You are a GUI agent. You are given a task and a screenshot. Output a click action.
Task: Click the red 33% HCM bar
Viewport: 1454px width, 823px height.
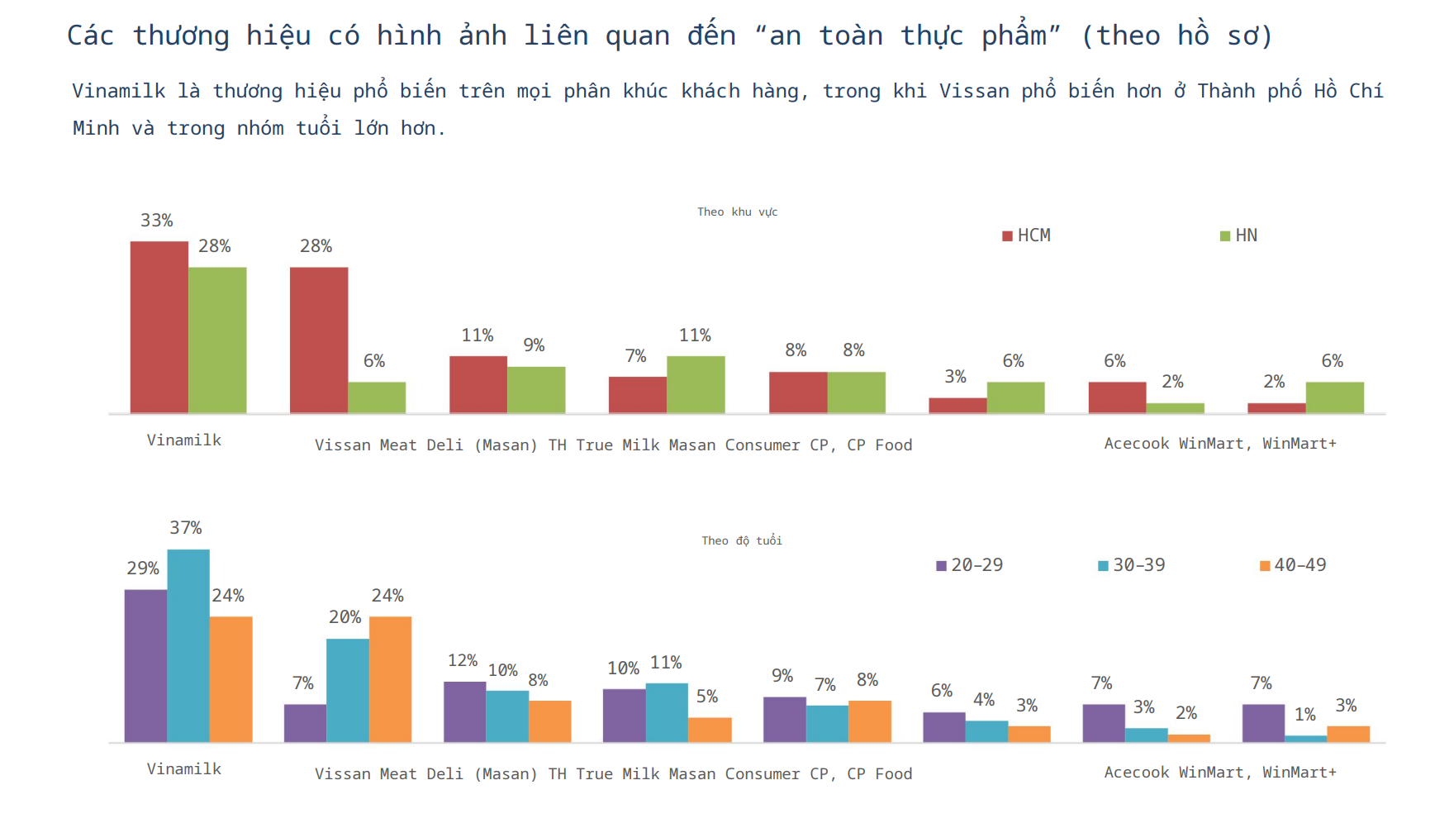click(x=159, y=327)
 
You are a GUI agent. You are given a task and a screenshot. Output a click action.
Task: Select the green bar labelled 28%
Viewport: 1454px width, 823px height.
click(x=217, y=340)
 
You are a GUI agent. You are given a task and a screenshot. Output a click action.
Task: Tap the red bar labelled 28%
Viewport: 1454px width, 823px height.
click(x=319, y=340)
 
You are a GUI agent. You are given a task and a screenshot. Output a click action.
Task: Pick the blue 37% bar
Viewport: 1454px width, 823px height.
click(x=188, y=645)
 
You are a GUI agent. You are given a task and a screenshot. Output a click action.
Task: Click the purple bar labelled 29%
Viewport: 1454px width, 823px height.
click(x=145, y=665)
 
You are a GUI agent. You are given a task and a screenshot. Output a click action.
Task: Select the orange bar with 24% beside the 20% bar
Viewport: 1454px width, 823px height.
click(x=390, y=678)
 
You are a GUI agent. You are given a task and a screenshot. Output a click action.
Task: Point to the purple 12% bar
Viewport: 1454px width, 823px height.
click(x=464, y=711)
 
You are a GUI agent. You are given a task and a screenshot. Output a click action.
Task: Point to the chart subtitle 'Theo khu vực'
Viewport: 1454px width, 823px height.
click(x=737, y=212)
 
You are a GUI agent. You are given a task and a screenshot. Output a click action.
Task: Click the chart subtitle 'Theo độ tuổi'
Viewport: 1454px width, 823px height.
click(x=741, y=541)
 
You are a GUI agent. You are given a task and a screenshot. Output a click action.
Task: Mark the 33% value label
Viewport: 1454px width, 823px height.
click(x=156, y=221)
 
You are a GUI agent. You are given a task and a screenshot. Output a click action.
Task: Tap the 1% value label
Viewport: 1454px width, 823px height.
click(x=1304, y=715)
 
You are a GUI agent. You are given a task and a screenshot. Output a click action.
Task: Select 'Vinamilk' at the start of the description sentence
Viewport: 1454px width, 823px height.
click(x=118, y=91)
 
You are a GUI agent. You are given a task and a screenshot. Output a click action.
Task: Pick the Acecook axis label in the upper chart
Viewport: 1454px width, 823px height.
click(x=1137, y=444)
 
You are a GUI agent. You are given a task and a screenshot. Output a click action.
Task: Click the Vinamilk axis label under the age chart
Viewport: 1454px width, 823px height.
click(x=184, y=769)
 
